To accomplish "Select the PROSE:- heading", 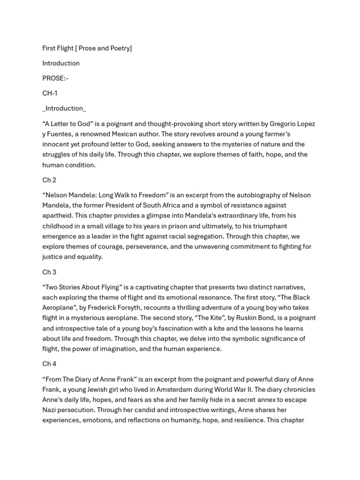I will [55, 78].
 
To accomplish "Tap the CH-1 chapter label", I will [50, 93].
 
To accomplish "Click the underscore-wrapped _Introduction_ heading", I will [64, 108].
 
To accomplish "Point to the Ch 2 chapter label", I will [49, 180].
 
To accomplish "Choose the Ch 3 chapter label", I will [49, 272].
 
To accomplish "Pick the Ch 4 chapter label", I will [49, 364].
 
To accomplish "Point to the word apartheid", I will [57, 216].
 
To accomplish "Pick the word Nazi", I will [50, 410].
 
